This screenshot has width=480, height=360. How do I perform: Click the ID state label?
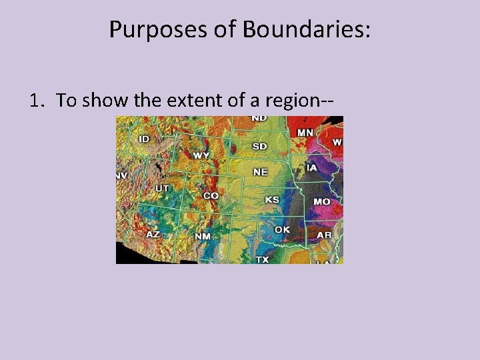point(144,139)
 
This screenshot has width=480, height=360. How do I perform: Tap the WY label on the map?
point(201,155)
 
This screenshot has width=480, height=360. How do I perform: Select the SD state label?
point(260,146)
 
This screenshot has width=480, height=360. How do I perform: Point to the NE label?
point(260,172)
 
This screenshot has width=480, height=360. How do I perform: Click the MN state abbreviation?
point(305,133)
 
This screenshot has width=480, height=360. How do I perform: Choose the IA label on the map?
point(311,168)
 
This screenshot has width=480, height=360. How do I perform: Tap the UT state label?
point(162,189)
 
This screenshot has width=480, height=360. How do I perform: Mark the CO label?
point(211,196)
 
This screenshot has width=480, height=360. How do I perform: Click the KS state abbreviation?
point(272,199)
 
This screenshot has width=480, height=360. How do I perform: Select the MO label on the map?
point(322,201)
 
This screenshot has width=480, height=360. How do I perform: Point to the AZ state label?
point(153,235)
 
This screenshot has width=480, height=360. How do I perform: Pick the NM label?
point(203,237)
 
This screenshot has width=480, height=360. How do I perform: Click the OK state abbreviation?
point(283,229)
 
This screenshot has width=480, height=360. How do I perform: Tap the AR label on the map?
point(324,235)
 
